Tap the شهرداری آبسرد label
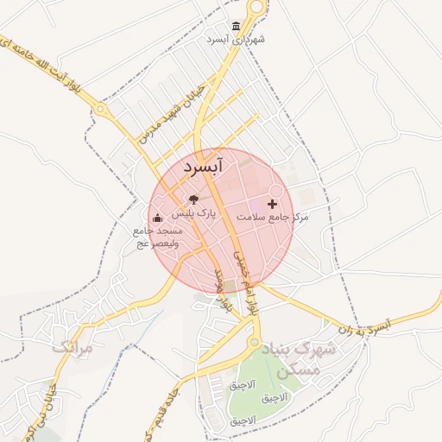pos(236,40)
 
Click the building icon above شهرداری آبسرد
pos(236,27)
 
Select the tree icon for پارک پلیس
pos(193,199)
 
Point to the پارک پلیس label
pos(192,212)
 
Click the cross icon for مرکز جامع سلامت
pos(273,205)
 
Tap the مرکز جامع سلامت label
pos(274,218)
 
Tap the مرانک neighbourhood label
pos(71,347)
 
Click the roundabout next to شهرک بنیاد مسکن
pos(254,343)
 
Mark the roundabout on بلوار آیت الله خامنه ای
pos(101,110)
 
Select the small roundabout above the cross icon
pos(277,191)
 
